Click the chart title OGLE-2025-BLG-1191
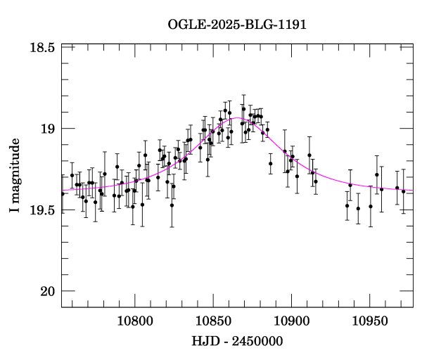(237, 25)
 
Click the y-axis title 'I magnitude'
(15, 176)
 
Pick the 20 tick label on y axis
(48, 291)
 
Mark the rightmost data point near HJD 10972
(403, 191)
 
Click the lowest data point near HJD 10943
(358, 208)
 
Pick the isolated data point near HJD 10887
(270, 163)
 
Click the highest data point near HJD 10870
(243, 109)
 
